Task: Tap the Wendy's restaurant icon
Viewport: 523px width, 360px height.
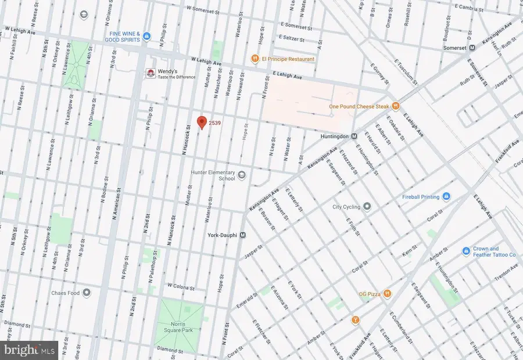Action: pos(149,73)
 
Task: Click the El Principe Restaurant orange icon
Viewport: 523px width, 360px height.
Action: pos(254,59)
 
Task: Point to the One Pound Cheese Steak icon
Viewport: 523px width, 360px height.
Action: pos(396,106)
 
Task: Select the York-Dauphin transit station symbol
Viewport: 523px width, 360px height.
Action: pos(243,235)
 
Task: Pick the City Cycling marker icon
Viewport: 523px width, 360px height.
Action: pos(367,206)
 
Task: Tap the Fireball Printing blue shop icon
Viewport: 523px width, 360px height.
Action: pos(446,197)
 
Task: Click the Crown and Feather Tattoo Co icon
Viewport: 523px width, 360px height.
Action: pos(465,251)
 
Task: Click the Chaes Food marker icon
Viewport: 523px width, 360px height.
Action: pos(87,292)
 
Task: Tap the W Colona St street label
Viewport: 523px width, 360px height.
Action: pos(184,286)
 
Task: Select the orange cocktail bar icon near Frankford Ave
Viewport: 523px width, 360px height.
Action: pos(355,319)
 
